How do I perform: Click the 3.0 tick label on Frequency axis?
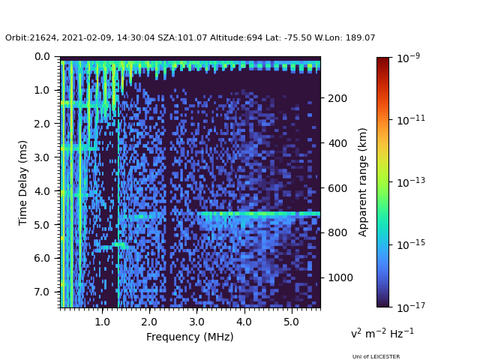coord(196,322)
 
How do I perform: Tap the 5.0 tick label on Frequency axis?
coord(291,322)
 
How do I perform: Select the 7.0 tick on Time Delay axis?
coord(46,292)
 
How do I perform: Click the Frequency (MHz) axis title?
coord(190,337)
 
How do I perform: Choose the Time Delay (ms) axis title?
coord(23,183)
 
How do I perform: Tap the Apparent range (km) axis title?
coord(362,182)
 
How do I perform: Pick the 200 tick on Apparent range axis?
coord(337,98)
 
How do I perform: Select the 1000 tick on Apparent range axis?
coord(340,277)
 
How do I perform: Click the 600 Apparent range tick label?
coord(337,188)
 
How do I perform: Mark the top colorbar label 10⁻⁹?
coord(409,58)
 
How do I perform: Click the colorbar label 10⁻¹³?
coord(411,182)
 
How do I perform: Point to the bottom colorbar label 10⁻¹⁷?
coord(411,307)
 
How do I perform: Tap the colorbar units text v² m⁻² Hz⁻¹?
coord(382,333)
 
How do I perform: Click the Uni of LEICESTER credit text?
coord(376,357)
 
